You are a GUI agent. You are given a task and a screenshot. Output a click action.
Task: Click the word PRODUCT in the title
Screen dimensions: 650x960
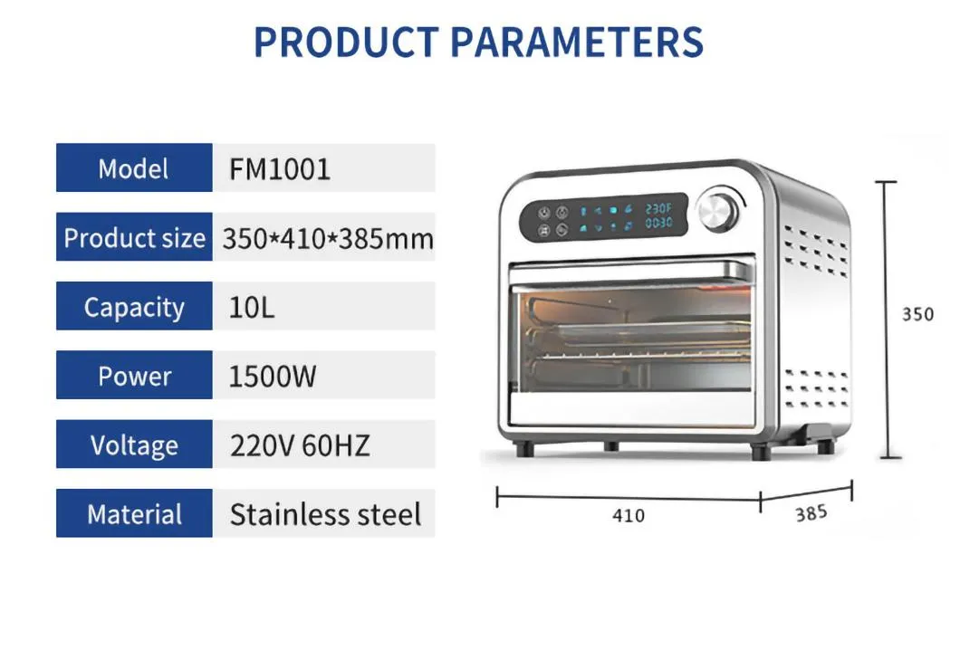(x=345, y=42)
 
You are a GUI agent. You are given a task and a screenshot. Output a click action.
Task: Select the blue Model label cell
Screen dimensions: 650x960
(x=134, y=168)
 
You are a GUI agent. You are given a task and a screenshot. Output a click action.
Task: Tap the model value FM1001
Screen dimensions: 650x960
(x=280, y=168)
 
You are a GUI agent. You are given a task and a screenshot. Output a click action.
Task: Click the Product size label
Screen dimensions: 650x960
(x=134, y=238)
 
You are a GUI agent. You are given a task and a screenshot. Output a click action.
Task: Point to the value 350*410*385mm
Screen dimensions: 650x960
(x=327, y=239)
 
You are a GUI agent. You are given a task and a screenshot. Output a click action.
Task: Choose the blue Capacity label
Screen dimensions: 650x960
(x=134, y=307)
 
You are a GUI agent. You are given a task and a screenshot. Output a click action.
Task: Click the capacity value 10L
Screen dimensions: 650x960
(x=251, y=308)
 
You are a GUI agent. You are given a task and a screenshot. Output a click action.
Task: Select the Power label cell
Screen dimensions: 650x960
(x=134, y=376)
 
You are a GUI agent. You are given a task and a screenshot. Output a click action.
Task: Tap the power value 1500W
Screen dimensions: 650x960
(x=273, y=377)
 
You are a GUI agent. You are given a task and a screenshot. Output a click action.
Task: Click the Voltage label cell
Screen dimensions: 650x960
(x=134, y=445)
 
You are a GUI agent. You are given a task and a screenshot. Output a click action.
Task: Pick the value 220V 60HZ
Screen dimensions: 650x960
(x=299, y=445)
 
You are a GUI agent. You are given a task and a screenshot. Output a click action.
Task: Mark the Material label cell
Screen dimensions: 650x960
(x=134, y=514)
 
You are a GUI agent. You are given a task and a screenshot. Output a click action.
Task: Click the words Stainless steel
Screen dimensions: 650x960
(x=325, y=514)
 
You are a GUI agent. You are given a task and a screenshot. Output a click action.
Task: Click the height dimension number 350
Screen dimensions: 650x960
(x=917, y=314)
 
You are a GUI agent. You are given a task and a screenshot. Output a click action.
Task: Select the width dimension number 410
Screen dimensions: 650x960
(x=628, y=515)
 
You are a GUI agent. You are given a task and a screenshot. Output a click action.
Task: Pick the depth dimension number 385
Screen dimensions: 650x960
(x=811, y=513)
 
